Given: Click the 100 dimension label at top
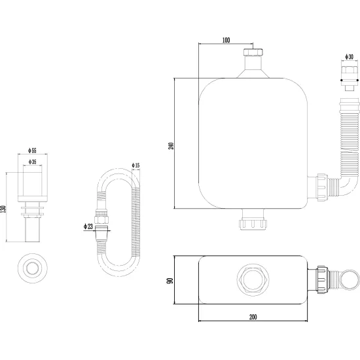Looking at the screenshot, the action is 226,40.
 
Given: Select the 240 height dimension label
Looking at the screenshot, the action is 171,146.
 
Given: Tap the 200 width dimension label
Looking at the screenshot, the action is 253,317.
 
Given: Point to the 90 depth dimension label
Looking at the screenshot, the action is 170,281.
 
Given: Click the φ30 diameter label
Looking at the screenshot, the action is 350,57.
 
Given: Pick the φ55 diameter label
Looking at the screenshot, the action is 32,151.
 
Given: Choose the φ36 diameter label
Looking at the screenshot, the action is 32,162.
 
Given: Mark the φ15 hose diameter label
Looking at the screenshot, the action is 135,165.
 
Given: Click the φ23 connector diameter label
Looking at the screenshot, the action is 88,226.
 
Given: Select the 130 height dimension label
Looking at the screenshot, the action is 3,209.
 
